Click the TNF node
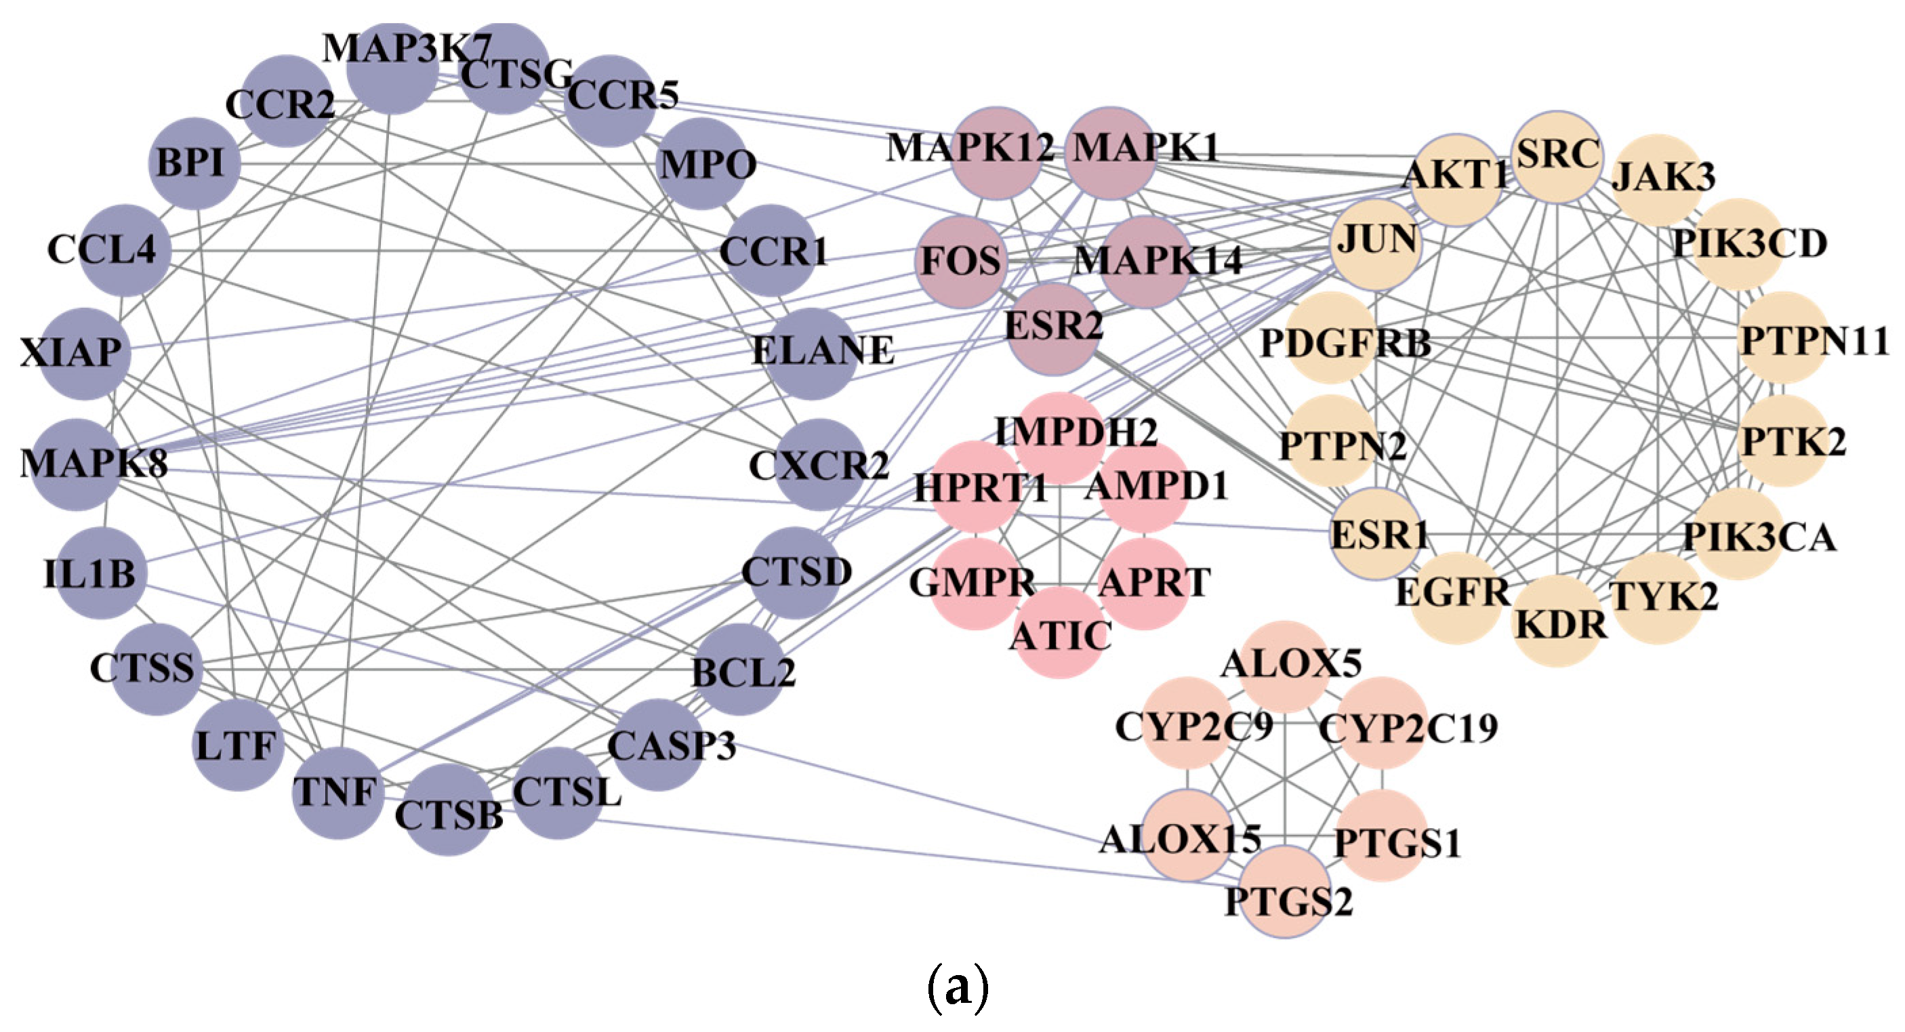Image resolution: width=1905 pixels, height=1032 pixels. pos(338,793)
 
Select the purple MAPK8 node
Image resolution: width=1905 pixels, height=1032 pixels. pos(74,464)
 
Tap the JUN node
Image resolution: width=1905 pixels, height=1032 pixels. pos(1376,244)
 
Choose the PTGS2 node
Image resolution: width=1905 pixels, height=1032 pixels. pos(1286,892)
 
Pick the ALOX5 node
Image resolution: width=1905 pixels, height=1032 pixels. pos(1286,665)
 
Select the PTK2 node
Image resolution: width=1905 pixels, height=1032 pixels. pos(1782,441)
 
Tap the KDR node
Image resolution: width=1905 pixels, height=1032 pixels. pos(1557,623)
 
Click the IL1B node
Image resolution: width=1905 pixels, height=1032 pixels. pos(101,573)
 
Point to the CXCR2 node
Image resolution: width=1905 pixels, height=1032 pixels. pos(819,464)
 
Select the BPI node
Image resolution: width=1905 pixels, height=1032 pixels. pos(194,163)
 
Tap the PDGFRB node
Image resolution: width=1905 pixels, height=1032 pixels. pos(1331,339)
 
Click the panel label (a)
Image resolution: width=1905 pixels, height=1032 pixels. pos(957,988)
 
